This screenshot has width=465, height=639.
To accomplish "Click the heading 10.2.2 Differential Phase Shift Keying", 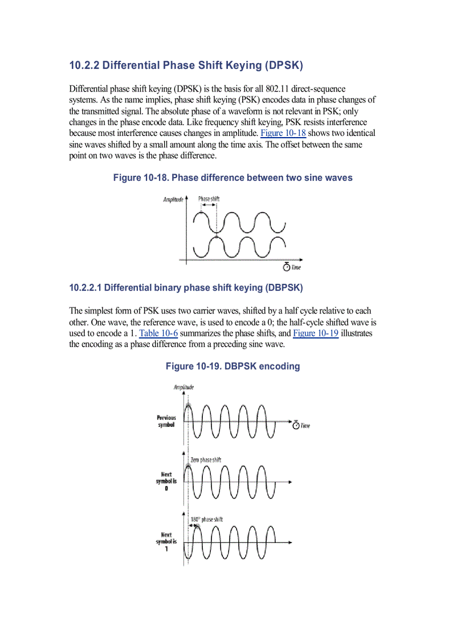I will (x=186, y=65).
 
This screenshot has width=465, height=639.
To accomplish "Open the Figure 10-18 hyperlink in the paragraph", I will (x=283, y=133).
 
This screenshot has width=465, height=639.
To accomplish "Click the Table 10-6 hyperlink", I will (x=158, y=333).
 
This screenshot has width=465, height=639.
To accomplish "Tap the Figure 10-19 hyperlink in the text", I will (x=316, y=333).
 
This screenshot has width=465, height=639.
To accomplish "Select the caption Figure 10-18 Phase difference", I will (x=232, y=178).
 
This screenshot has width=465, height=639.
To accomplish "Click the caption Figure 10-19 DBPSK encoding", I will (x=232, y=366).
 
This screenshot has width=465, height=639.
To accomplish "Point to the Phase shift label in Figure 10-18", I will (x=209, y=199).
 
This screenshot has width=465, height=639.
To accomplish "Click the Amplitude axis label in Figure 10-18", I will (x=173, y=199).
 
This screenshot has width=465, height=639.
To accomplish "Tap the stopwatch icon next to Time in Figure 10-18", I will (x=287, y=267).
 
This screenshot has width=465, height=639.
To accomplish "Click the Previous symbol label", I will (x=166, y=421).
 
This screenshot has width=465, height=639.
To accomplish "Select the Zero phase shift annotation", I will (x=206, y=460).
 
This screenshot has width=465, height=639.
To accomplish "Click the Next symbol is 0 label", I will (x=166, y=481).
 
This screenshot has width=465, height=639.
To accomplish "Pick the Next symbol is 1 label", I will (x=166, y=542).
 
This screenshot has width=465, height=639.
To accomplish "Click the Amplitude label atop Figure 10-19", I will (x=183, y=387).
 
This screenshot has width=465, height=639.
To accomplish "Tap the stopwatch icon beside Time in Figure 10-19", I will (x=296, y=425).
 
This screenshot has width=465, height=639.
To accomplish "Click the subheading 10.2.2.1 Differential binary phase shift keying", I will (x=186, y=288).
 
